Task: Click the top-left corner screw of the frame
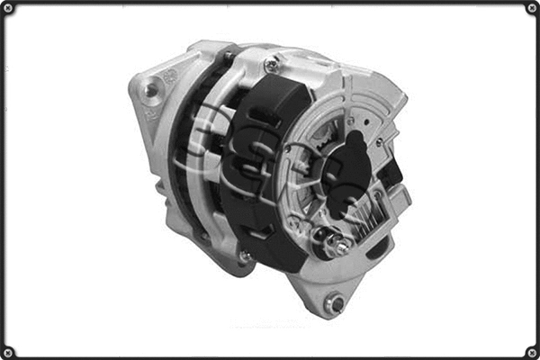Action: coord(8,8)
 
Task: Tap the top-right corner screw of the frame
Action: coord(531,8)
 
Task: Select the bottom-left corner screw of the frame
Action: coord(8,351)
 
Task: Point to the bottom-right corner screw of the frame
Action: coord(531,351)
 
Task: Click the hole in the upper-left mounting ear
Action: coord(150,88)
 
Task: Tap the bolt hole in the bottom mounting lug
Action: coord(336,303)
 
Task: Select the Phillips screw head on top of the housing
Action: coord(271,66)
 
